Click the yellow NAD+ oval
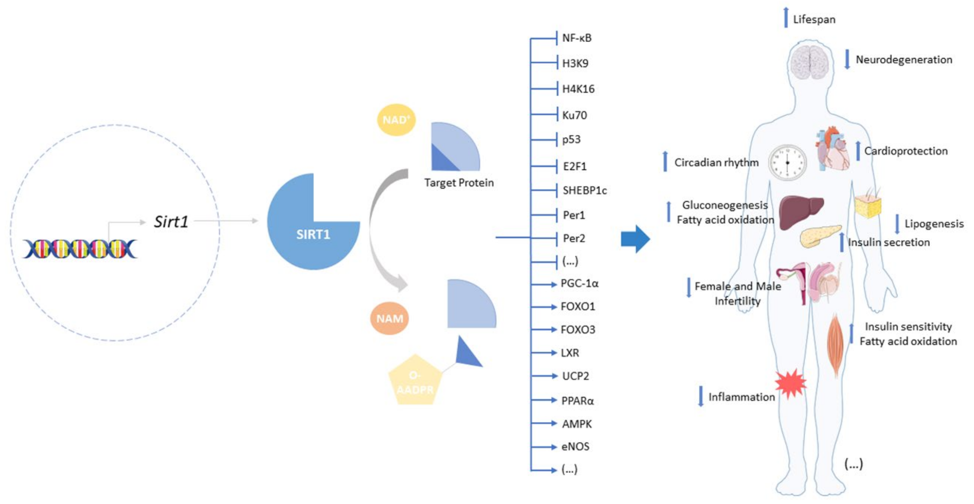coord(396,120)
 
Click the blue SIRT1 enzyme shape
coord(306,231)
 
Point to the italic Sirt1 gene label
coord(171,222)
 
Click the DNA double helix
coord(80,249)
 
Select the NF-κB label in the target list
coord(576,38)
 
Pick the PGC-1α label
coord(579,283)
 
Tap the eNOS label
coord(575,447)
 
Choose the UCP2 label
coord(575,376)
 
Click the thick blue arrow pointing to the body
coord(635,239)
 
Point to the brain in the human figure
coord(809,62)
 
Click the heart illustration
coord(832,149)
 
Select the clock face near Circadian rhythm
coord(787,162)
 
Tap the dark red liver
coord(800,211)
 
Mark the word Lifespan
coord(814,19)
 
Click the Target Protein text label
coord(459,183)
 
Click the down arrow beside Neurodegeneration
coord(847,59)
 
